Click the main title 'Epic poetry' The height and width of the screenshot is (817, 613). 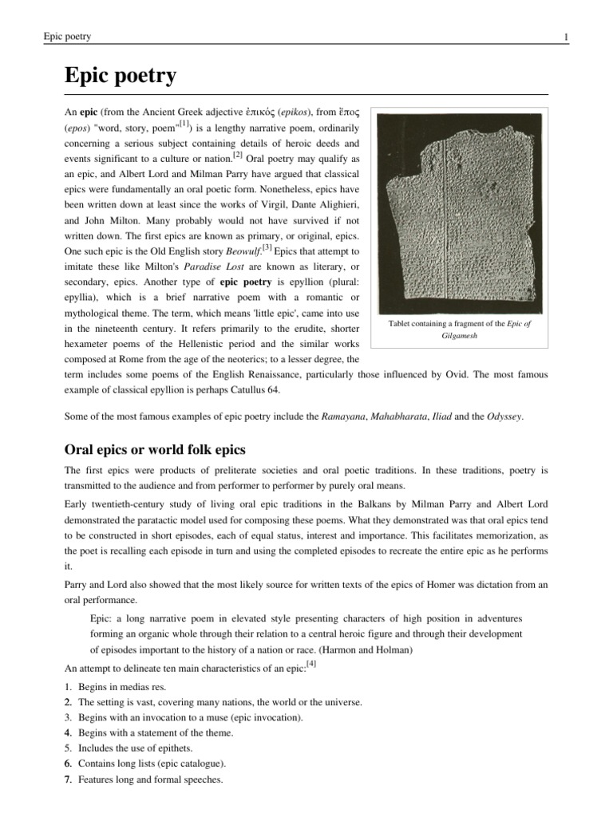click(120, 77)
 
